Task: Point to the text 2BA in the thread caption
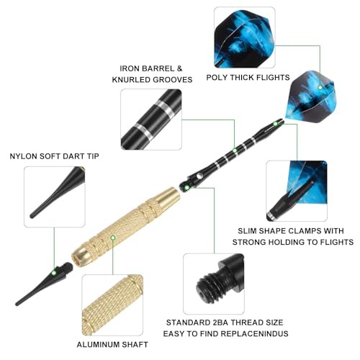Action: (220, 323)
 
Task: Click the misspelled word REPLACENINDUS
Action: (254, 333)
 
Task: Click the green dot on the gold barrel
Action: (113, 238)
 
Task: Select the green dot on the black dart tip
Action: (54, 273)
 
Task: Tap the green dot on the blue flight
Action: (320, 88)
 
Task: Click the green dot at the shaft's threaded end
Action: (186, 187)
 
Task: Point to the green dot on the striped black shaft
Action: (235, 150)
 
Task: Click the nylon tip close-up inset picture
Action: (55, 197)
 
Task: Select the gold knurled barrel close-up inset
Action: (112, 305)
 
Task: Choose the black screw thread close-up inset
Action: (214, 284)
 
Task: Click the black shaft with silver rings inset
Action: (151, 120)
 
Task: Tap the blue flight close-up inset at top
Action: (245, 37)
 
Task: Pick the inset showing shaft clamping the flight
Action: (297, 191)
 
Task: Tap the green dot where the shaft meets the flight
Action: (276, 124)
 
